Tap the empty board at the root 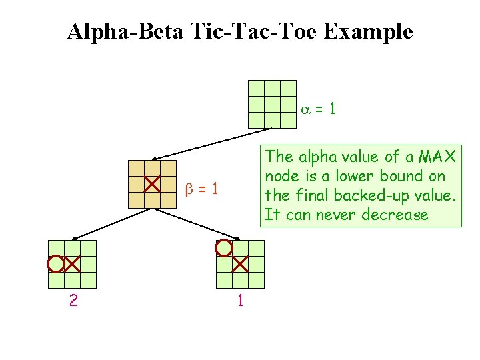(272, 104)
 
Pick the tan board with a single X (153, 184)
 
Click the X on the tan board (152, 183)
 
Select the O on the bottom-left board (55, 264)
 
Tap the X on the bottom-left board (72, 264)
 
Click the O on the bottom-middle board (224, 249)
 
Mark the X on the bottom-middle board (240, 264)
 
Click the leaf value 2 (73, 301)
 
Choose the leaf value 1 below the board (240, 301)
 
